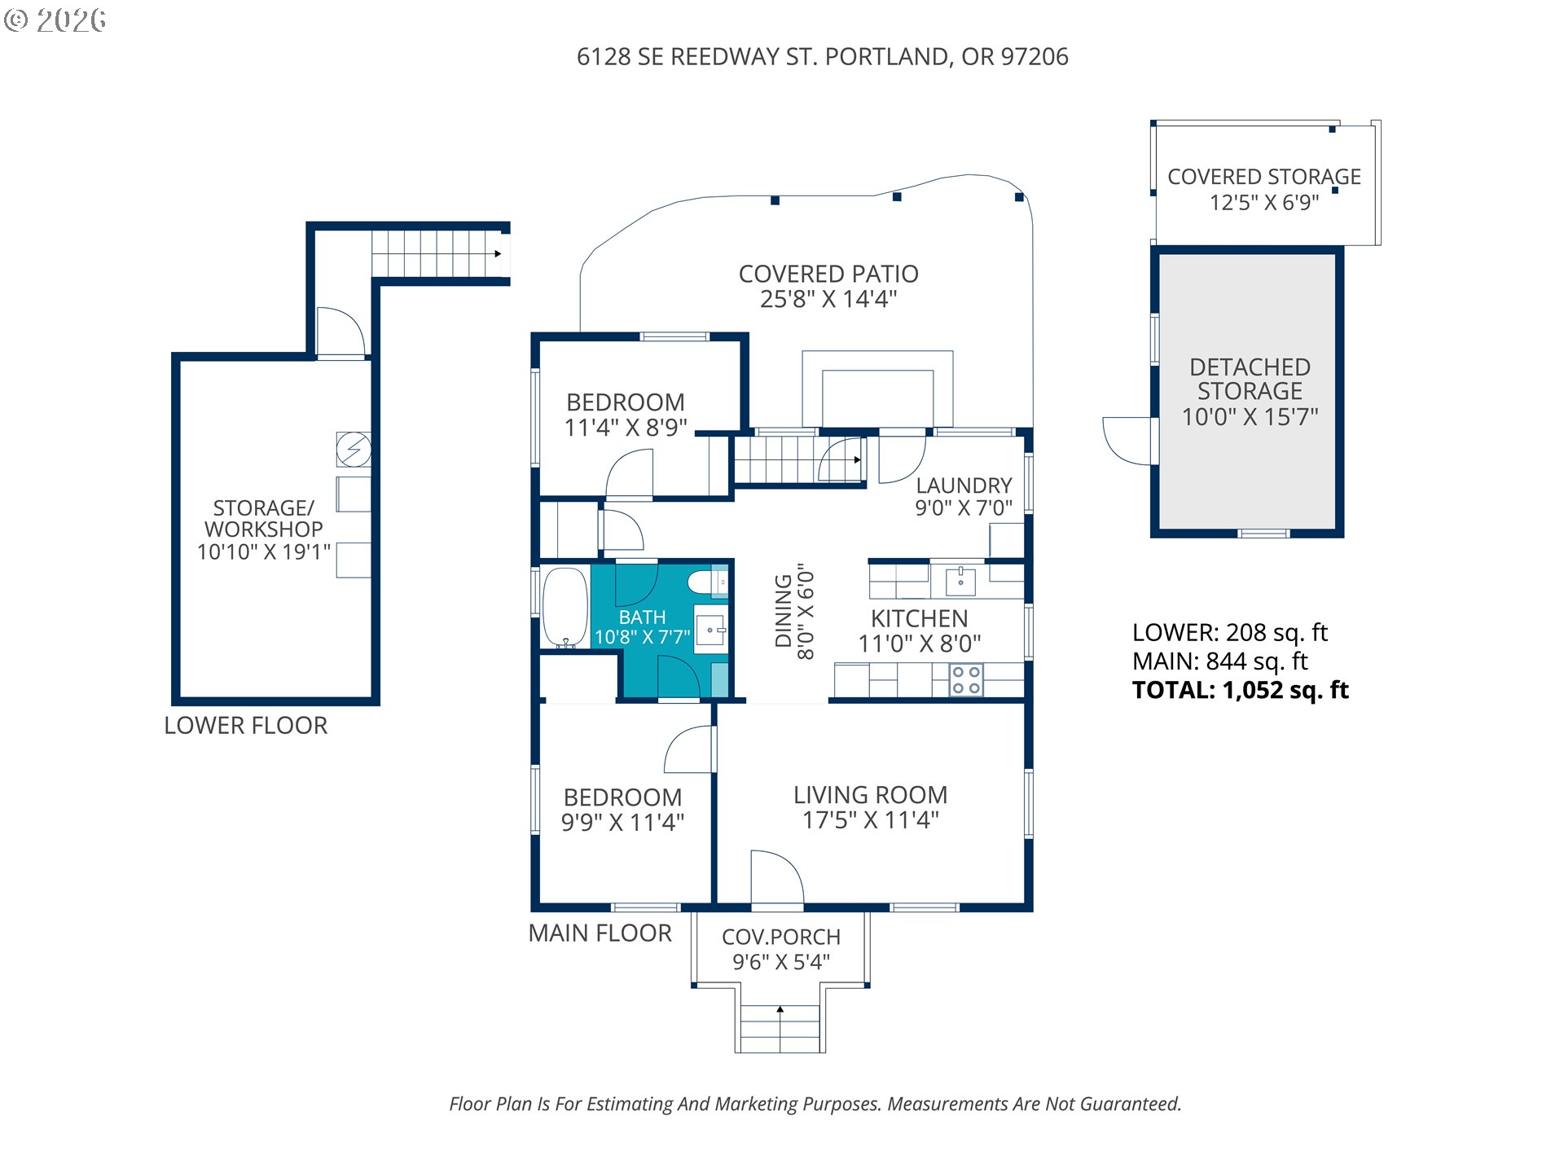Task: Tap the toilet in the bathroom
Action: [703, 582]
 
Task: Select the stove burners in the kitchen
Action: [966, 680]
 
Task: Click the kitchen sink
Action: [960, 582]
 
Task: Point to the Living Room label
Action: [870, 795]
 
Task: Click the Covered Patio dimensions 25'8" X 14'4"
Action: [828, 300]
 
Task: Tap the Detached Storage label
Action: [1250, 379]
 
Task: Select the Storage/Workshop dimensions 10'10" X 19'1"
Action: [264, 552]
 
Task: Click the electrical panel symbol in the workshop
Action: [354, 449]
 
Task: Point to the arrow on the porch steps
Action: [780, 1010]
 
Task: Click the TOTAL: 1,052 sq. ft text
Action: [1240, 690]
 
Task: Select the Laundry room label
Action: [964, 485]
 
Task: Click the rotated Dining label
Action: [784, 611]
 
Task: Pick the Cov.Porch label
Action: [780, 937]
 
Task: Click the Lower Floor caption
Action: [245, 726]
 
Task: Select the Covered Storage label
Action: [1263, 177]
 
